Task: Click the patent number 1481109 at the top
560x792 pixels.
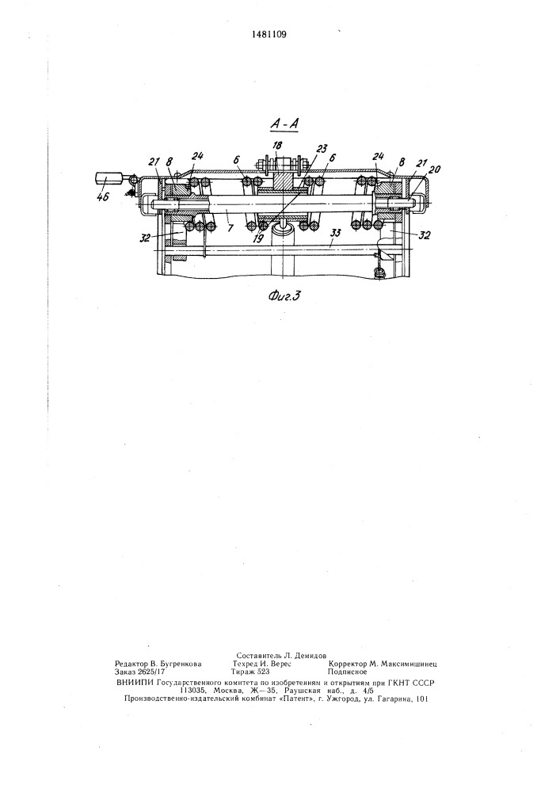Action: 269,35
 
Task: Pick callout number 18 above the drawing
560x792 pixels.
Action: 276,146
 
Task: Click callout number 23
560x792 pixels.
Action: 322,149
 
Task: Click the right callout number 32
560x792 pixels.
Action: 425,235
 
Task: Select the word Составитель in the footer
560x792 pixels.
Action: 258,656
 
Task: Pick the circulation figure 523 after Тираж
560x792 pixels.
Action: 264,672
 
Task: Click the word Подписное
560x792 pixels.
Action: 347,672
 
